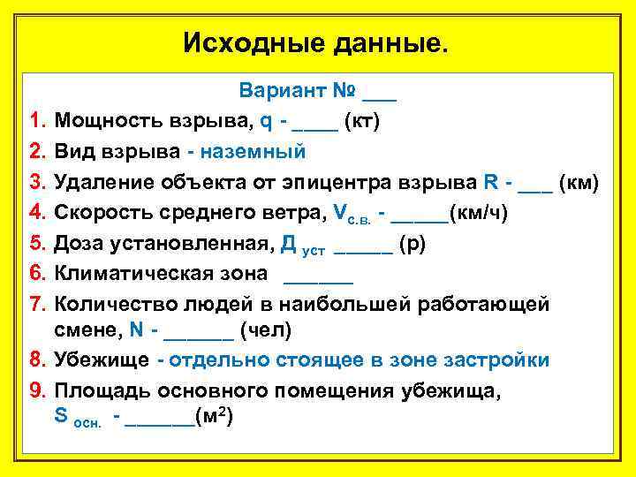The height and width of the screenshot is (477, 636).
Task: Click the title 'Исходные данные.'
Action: [x=316, y=42]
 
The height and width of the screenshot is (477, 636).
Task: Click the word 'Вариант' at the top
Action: [x=282, y=90]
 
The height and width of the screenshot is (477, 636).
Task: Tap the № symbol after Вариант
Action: [x=344, y=90]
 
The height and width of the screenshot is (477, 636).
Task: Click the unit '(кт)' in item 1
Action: [x=362, y=120]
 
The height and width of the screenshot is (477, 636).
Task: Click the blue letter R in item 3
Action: [x=491, y=182]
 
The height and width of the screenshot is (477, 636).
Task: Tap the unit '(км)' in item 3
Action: [x=579, y=182]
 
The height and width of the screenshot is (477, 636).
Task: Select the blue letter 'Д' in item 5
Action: [x=288, y=244]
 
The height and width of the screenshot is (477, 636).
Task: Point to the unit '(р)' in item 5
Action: [x=413, y=244]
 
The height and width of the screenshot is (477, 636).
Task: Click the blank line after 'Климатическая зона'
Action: [x=318, y=279]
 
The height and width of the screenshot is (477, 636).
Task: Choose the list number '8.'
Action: [x=36, y=360]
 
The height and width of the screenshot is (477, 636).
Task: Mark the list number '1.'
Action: [x=36, y=120]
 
